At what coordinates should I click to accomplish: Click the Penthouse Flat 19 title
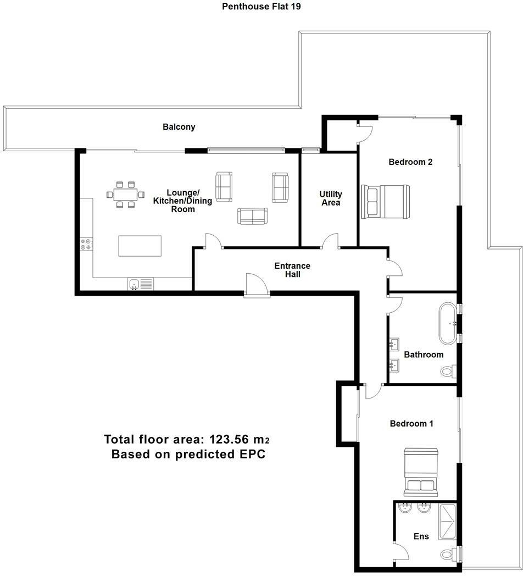261,6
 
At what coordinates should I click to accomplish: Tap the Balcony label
179,127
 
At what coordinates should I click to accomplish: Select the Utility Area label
331,198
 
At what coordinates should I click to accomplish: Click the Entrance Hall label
292,270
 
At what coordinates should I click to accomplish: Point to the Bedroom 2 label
410,162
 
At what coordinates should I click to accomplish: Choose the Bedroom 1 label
411,424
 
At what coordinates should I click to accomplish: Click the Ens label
421,536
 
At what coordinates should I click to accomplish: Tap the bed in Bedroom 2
385,202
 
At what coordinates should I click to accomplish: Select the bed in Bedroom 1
421,472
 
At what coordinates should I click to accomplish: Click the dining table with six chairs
126,195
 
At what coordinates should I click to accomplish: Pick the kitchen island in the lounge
140,246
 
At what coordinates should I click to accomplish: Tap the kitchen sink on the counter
141,284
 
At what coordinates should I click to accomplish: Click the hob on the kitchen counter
87,244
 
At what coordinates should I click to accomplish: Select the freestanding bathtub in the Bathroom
448,323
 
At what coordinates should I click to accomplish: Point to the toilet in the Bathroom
448,371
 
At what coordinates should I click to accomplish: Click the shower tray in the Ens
447,522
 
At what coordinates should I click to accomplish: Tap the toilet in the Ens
449,553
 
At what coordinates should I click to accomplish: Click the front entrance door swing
256,284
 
